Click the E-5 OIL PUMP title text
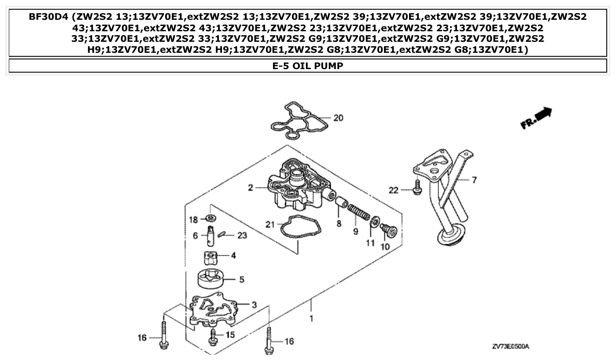308,66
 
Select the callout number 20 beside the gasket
338,118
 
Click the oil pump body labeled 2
299,185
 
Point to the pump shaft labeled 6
211,235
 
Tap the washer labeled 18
211,218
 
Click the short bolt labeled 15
214,336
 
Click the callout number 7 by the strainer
474,180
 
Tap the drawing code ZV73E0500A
510,347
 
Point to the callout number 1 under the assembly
312,318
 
